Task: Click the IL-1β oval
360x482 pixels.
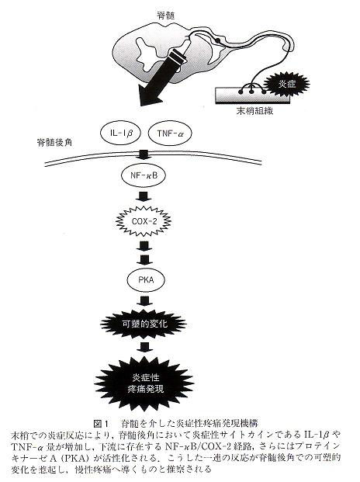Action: coord(120,133)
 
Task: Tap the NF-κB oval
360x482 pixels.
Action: coord(144,175)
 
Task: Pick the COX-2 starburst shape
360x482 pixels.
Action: coord(144,221)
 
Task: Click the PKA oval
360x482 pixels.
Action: coord(146,280)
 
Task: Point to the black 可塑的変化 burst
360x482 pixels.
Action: coord(144,324)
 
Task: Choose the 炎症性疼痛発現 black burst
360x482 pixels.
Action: coord(144,383)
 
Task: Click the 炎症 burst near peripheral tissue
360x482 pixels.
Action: coord(287,83)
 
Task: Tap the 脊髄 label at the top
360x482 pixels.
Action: coord(166,16)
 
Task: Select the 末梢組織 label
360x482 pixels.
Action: coord(254,111)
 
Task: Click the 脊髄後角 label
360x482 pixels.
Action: coord(54,142)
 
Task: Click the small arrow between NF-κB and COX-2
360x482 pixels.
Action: coord(144,196)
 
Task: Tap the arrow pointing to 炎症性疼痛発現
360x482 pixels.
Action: coord(144,347)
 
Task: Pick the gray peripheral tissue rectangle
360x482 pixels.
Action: coord(252,95)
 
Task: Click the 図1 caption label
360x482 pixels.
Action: coord(101,424)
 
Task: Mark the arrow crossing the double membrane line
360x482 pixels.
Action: coord(144,155)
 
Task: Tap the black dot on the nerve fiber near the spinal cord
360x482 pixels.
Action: coord(218,40)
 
